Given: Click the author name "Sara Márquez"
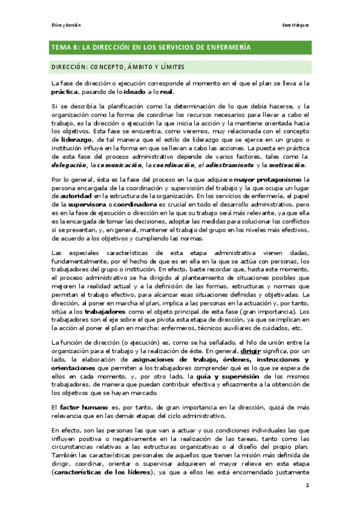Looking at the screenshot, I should (296, 25).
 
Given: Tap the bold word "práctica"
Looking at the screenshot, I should (66, 92).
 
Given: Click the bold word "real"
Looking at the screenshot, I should (166, 92).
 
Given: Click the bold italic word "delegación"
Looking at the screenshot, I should (69, 165).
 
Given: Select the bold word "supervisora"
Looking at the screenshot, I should (87, 204).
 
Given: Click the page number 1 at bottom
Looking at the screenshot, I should (307, 486).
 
